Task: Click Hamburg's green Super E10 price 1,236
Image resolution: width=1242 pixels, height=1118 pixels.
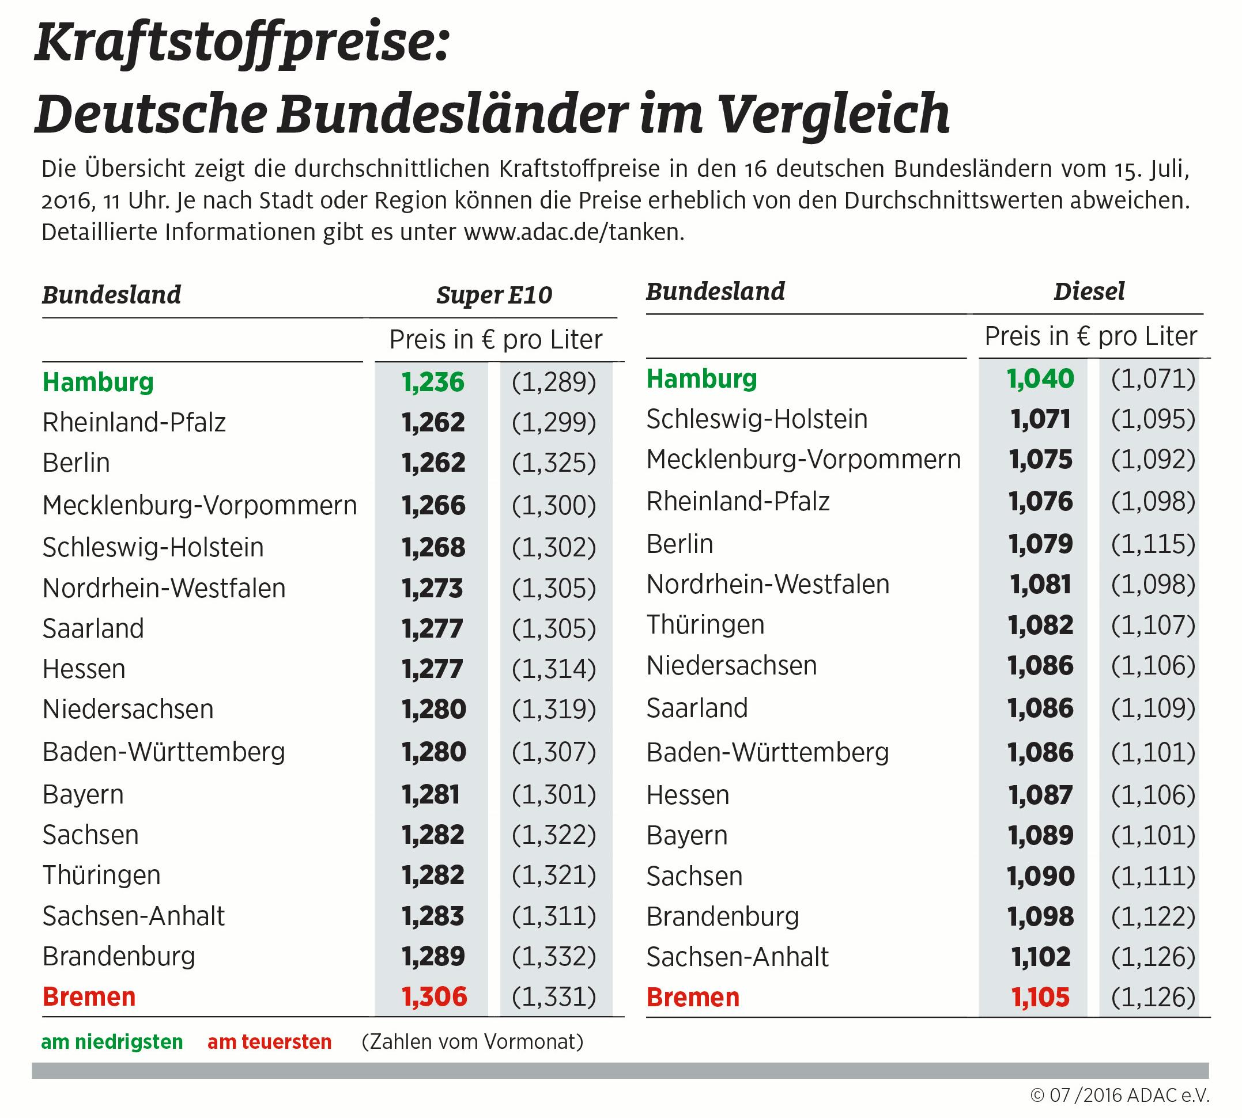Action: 433,382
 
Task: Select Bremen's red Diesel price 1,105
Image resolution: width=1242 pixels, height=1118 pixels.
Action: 1040,997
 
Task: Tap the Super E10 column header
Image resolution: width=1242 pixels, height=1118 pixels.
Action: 494,295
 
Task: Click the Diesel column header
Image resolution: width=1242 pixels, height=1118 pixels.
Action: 1089,291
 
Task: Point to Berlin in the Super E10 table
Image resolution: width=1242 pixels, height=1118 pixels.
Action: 76,463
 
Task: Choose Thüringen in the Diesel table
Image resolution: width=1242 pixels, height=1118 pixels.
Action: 705,625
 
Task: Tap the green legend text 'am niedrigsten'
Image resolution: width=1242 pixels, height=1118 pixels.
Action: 112,1042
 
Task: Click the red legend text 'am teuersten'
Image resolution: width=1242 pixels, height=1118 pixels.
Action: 270,1042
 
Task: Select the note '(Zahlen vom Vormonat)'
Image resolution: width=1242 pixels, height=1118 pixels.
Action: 472,1042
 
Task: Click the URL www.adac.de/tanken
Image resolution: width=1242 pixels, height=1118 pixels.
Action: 573,232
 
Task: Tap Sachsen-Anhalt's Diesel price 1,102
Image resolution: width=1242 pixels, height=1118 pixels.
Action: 1040,957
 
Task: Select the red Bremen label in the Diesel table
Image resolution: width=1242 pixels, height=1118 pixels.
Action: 693,997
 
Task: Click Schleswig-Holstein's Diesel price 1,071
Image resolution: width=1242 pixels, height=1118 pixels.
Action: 1040,419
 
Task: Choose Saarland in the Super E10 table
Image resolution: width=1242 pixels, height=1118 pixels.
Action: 93,628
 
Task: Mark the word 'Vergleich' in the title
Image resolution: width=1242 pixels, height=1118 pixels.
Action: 834,113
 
